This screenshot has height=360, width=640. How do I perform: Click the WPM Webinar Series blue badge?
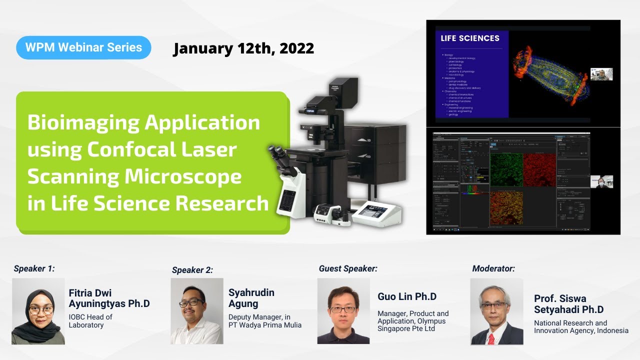point(83,48)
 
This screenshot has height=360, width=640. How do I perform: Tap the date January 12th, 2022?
point(243,48)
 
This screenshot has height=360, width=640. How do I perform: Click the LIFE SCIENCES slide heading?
point(470,38)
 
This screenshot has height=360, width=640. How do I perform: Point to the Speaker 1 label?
point(34,268)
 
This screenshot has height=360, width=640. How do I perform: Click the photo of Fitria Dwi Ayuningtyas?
point(38,311)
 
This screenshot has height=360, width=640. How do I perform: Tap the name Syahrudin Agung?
point(251,298)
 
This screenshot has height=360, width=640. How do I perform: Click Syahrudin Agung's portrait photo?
point(196,311)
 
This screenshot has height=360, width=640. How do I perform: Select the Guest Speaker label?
point(348,268)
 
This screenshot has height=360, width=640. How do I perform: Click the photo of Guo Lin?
point(343,311)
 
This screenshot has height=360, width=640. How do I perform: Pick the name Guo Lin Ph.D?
point(407,296)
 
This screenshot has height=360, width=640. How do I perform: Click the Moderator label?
point(493,268)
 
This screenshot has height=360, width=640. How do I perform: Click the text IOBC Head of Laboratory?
point(90,321)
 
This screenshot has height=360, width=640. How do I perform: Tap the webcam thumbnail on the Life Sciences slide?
point(601,74)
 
